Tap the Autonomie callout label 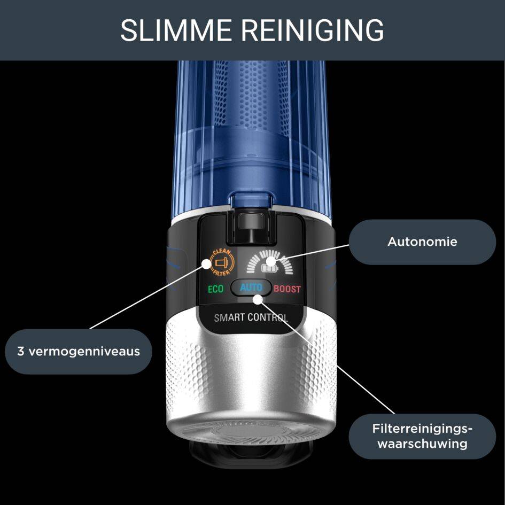[x=422, y=242]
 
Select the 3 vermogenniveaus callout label [x=79, y=351]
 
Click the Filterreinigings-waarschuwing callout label [x=422, y=436]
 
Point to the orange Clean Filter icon [x=220, y=262]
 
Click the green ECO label [x=215, y=289]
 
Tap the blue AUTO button [x=251, y=288]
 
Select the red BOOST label [x=287, y=289]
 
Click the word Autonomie [x=422, y=242]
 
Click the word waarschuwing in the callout [x=422, y=444]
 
